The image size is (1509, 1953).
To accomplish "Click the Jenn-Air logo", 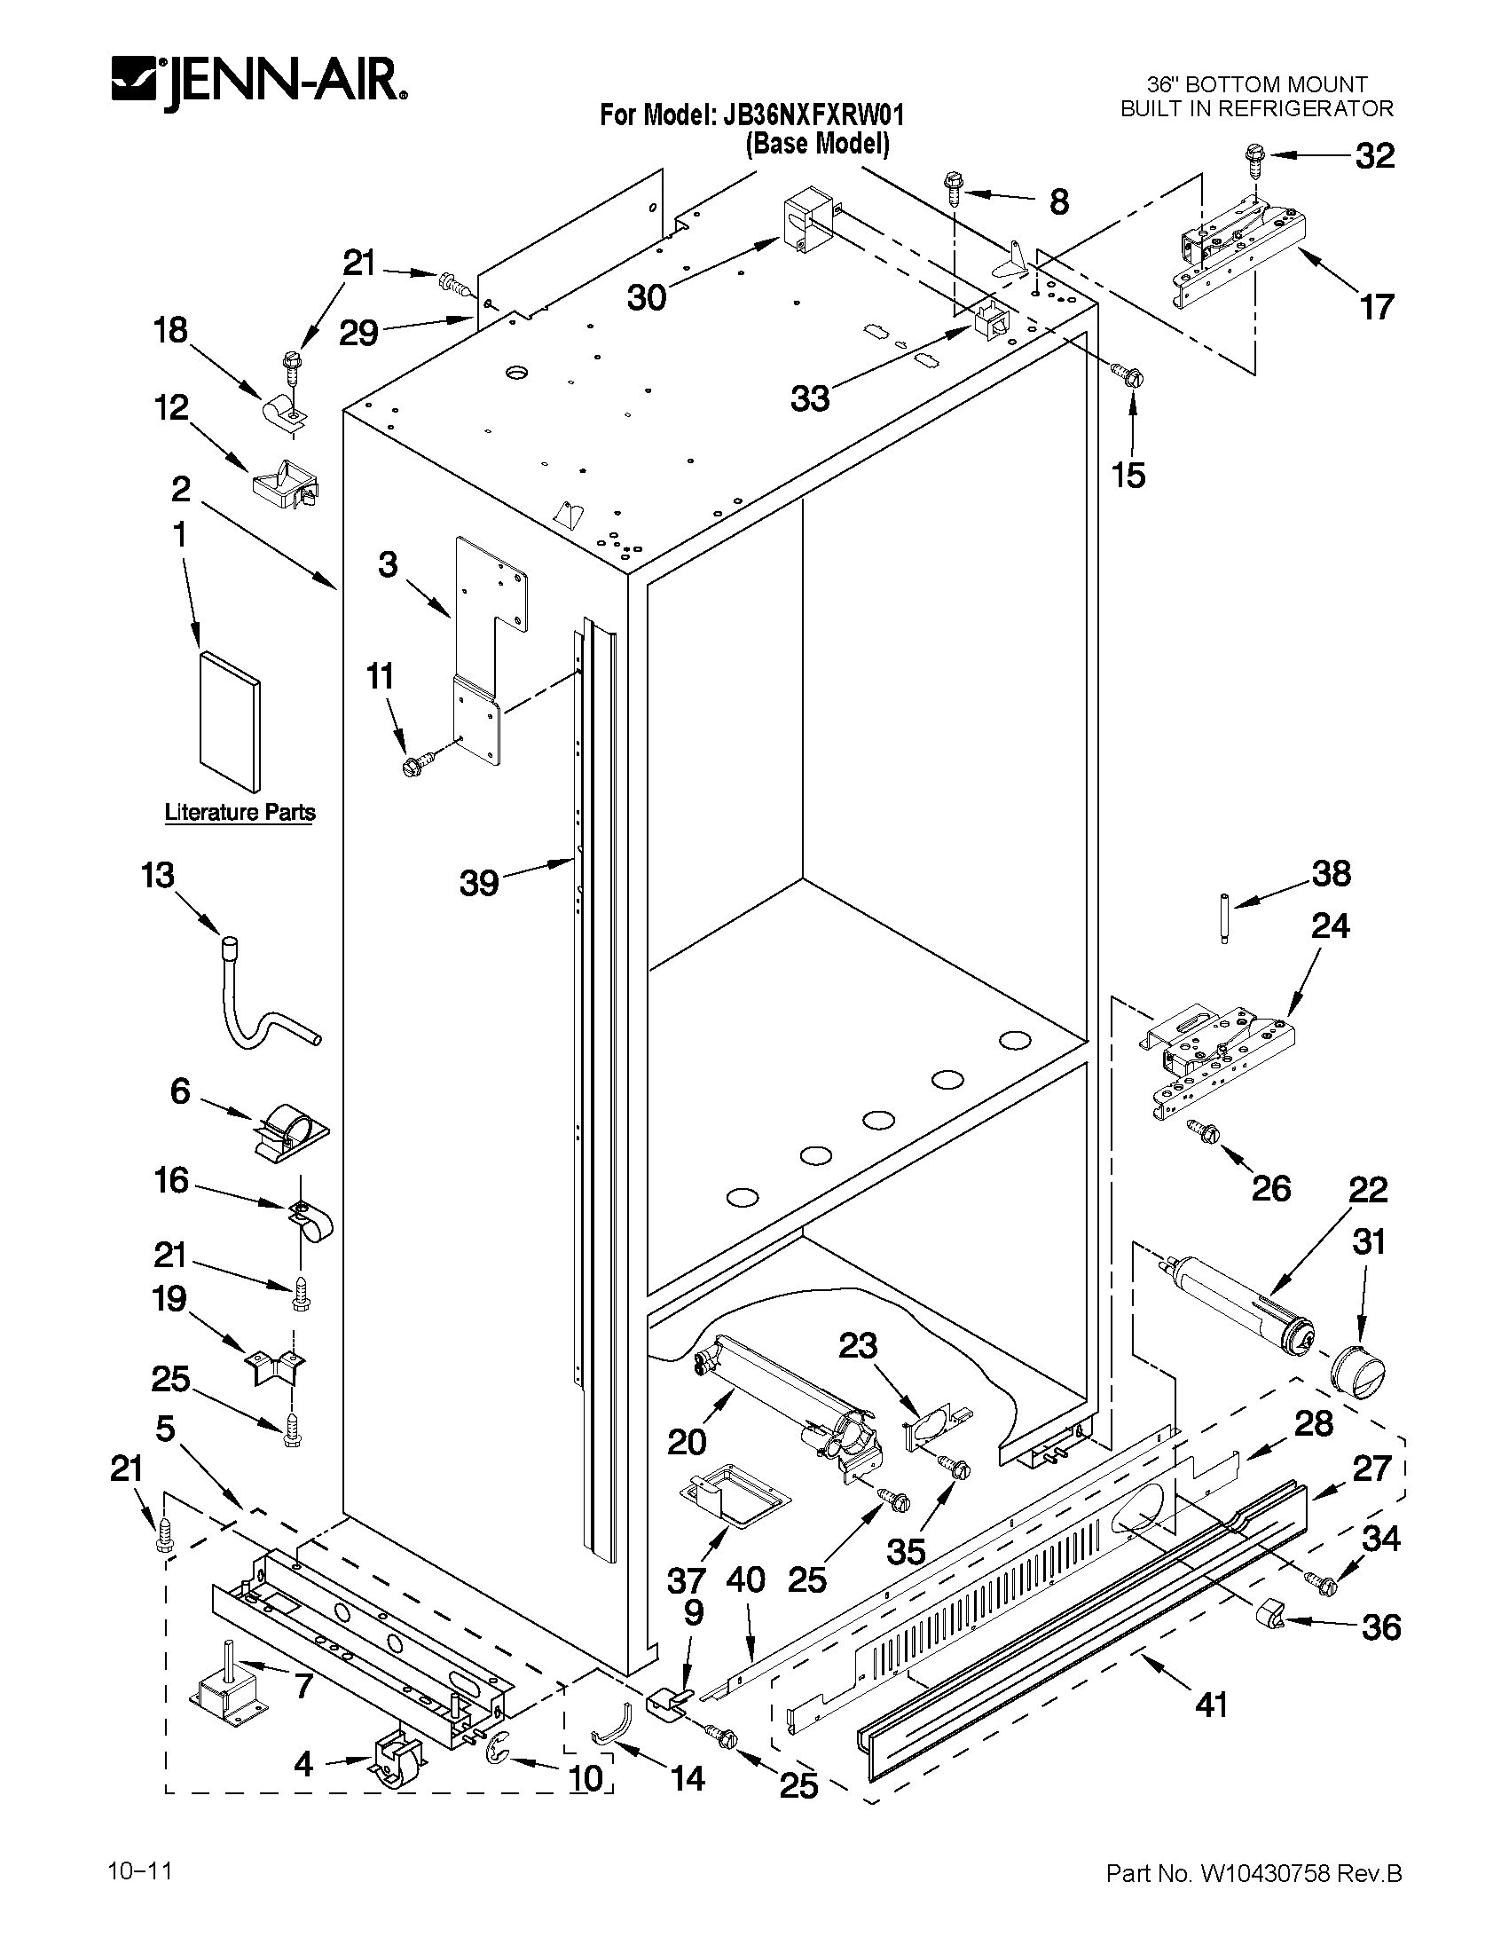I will (259, 83).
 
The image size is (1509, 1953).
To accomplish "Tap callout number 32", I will (1374, 156).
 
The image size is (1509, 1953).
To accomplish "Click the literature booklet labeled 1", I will (230, 721).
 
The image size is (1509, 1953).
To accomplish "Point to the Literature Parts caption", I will (240, 812).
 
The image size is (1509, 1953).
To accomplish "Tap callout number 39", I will (479, 883).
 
